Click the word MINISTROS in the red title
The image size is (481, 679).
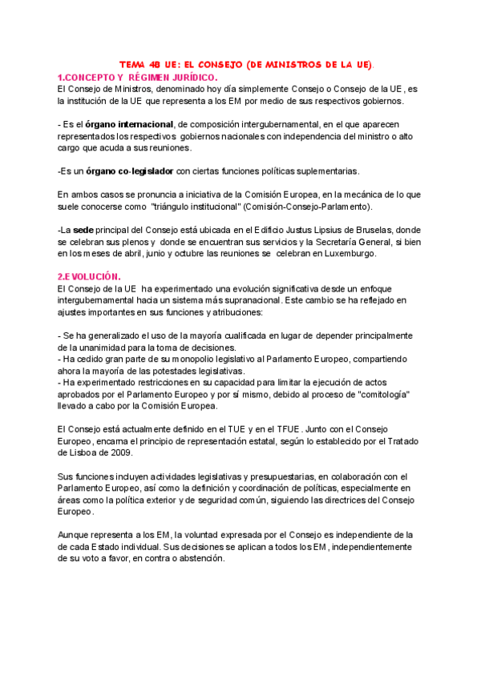tap(293, 64)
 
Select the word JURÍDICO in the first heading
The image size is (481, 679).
tap(191, 76)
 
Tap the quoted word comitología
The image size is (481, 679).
tap(382, 395)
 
